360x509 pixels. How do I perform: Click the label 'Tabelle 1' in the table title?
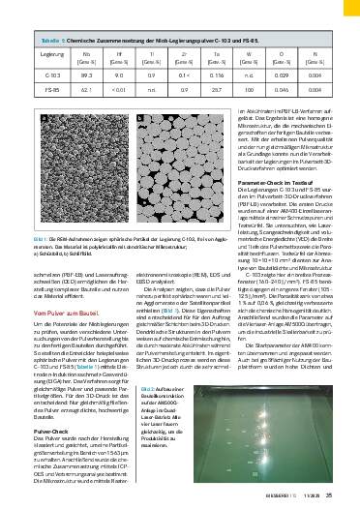(x=49, y=42)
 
